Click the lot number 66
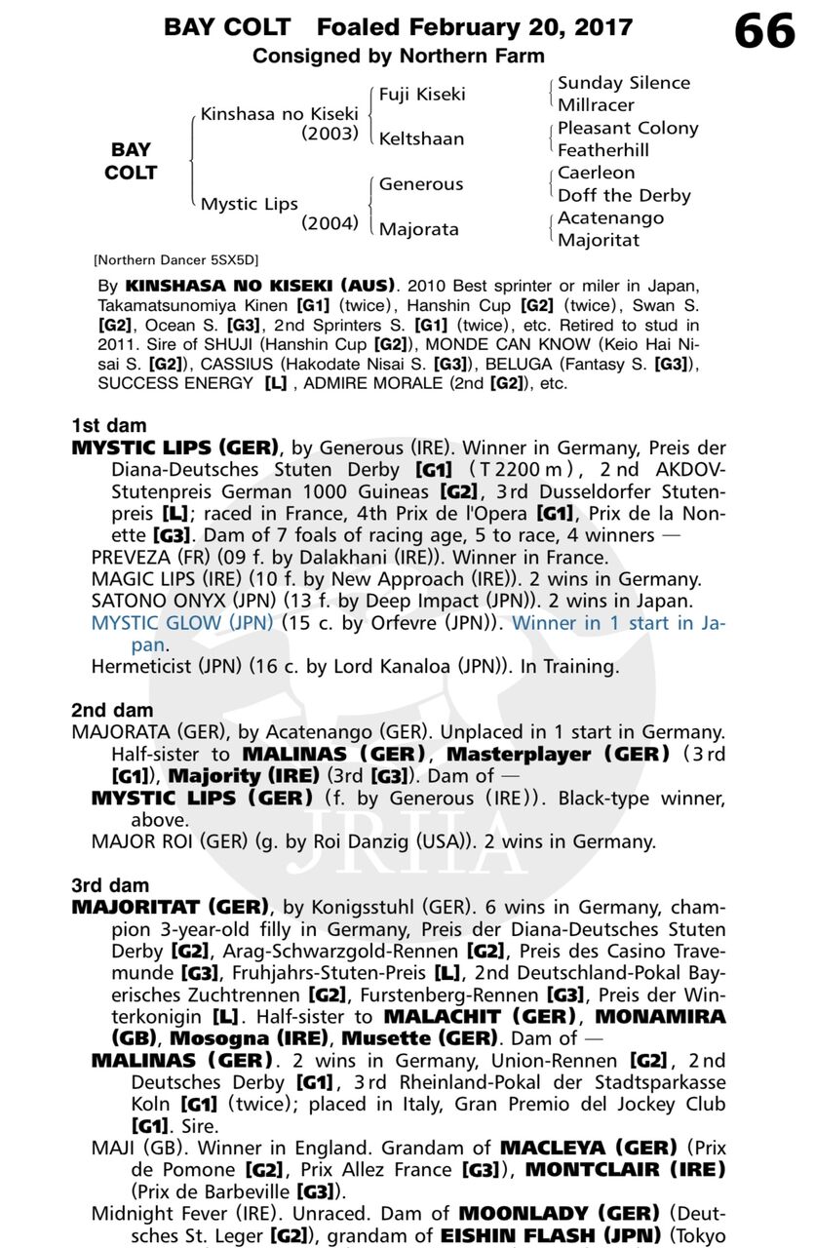(x=764, y=31)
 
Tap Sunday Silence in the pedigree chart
(x=623, y=83)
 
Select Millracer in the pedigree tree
(x=596, y=104)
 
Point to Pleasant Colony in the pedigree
(x=628, y=128)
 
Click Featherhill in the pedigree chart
(x=602, y=150)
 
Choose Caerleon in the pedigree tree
(x=596, y=173)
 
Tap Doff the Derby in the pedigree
(x=624, y=195)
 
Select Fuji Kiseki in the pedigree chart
(x=422, y=94)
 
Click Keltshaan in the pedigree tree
(x=421, y=138)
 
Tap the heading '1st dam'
(x=108, y=425)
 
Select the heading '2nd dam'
(x=112, y=711)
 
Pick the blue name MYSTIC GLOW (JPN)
(x=182, y=623)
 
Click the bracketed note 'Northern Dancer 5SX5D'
(x=175, y=260)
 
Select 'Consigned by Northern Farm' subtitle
(x=398, y=56)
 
